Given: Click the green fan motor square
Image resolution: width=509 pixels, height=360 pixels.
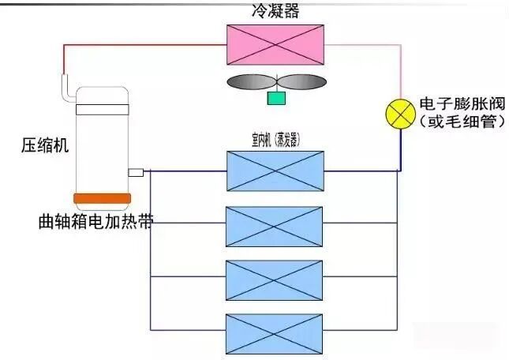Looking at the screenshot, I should pyautogui.click(x=276, y=98).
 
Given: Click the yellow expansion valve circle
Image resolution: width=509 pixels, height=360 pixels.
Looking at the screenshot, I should pyautogui.click(x=400, y=114).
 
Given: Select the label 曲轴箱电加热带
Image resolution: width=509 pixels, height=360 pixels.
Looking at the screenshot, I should pyautogui.click(x=95, y=220).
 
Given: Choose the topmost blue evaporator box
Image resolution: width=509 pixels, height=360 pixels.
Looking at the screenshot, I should pyautogui.click(x=274, y=171).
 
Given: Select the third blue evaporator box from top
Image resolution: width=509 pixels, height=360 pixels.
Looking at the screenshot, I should pyautogui.click(x=274, y=278).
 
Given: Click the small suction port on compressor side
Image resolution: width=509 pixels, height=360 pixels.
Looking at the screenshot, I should pyautogui.click(x=135, y=172).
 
